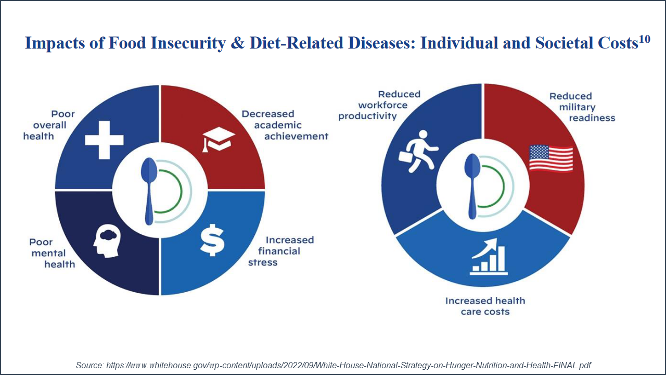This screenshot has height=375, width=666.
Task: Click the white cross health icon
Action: [104, 139]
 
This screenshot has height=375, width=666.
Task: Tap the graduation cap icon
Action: [219, 140]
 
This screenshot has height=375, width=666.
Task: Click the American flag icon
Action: [551, 158]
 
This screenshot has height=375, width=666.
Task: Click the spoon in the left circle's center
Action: [149, 191]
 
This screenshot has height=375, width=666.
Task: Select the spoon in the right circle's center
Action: [472, 185]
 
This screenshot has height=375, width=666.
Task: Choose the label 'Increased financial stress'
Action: [284, 251]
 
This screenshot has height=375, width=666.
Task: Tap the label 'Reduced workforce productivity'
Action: [379, 105]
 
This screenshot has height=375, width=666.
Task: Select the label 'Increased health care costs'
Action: [485, 306]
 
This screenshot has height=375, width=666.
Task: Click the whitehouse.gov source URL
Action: [349, 365]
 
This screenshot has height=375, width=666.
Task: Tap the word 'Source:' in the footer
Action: [90, 365]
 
